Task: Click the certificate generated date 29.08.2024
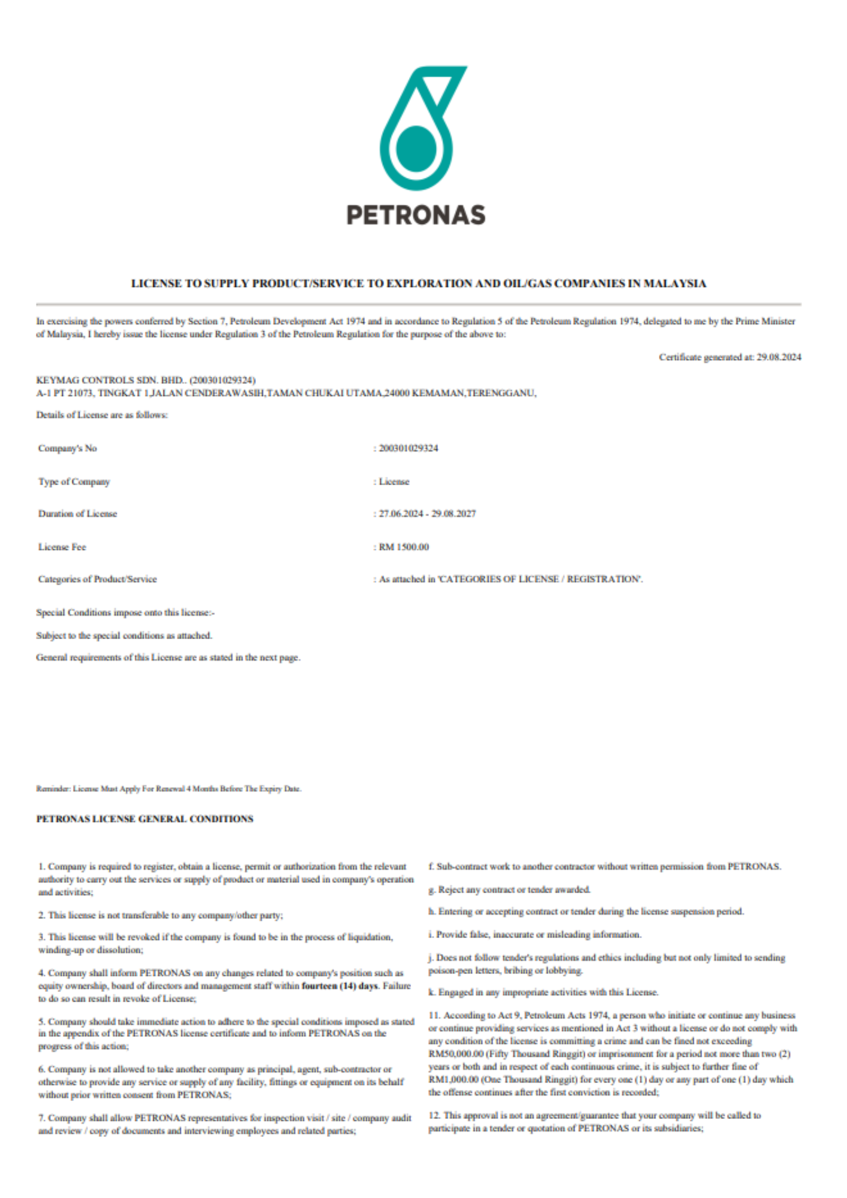[778, 357]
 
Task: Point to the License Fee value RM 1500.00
[404, 547]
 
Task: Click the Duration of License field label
[78, 513]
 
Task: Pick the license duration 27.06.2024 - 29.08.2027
[427, 513]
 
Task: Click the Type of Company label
[74, 482]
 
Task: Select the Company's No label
[68, 448]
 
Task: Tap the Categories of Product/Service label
[98, 579]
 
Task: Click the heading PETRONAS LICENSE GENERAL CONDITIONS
[145, 819]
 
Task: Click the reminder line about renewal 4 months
[169, 789]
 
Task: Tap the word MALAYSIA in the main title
[674, 283]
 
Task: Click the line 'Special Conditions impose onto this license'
[126, 613]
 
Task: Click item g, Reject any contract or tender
[510, 890]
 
